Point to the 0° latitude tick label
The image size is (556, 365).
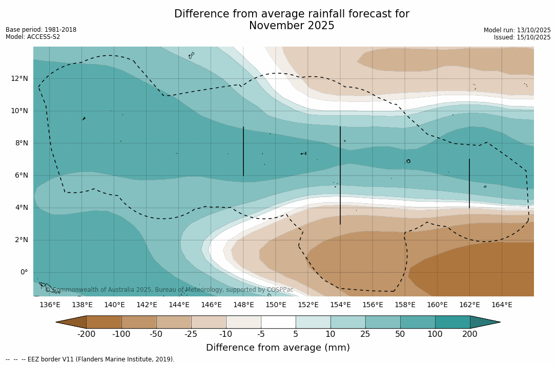coord(24,272)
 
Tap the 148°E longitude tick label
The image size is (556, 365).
coord(243,305)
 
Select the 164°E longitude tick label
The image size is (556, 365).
coord(502,305)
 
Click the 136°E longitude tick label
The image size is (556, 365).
coord(50,305)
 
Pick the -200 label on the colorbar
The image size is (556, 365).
coord(86,334)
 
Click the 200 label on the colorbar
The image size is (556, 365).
coord(470,334)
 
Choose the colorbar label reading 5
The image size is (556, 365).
coord(296,334)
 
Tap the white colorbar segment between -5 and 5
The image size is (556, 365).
coord(278,322)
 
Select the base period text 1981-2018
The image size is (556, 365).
coord(60,30)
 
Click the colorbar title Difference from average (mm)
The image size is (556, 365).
coord(278,348)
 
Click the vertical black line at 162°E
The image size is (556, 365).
coord(469,183)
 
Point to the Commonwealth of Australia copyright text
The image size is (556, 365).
coord(170,290)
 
